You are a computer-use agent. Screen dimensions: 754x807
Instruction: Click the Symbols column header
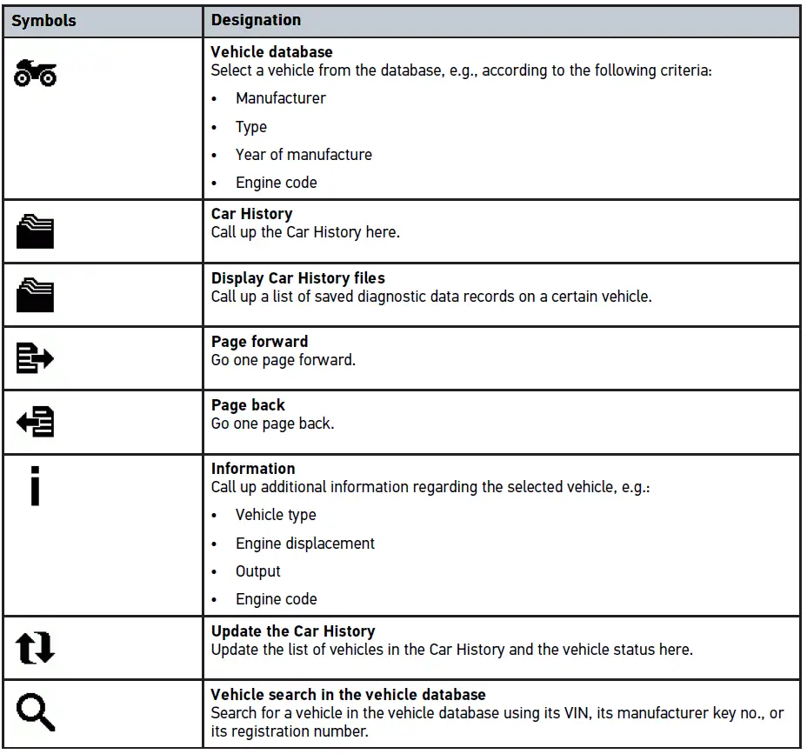tap(43, 20)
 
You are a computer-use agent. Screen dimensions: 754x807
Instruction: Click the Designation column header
tap(256, 20)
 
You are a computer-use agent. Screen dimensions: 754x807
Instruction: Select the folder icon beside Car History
tap(36, 232)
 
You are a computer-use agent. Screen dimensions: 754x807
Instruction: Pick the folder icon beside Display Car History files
tap(36, 296)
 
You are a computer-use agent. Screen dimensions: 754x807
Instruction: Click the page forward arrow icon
tap(36, 358)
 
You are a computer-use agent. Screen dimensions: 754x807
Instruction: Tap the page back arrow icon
tap(36, 422)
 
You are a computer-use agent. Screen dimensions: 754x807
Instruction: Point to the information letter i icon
tap(35, 485)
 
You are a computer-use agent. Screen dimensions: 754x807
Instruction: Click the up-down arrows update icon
tap(36, 648)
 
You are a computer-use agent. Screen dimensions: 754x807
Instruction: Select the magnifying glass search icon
tap(36, 712)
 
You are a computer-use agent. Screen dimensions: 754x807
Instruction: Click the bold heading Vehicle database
tap(271, 52)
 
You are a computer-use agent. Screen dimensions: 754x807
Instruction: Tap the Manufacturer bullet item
tap(280, 98)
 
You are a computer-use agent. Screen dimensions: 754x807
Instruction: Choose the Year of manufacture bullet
tap(303, 155)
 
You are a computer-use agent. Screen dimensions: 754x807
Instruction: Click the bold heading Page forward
tap(259, 342)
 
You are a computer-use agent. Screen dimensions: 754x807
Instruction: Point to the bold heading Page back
tap(248, 405)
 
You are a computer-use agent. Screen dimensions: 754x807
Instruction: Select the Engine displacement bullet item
tap(305, 544)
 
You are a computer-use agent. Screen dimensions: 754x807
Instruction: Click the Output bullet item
tap(258, 571)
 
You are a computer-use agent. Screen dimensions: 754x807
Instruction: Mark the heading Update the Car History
tap(293, 631)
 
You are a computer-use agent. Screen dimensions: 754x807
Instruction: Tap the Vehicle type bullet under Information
tap(276, 515)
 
